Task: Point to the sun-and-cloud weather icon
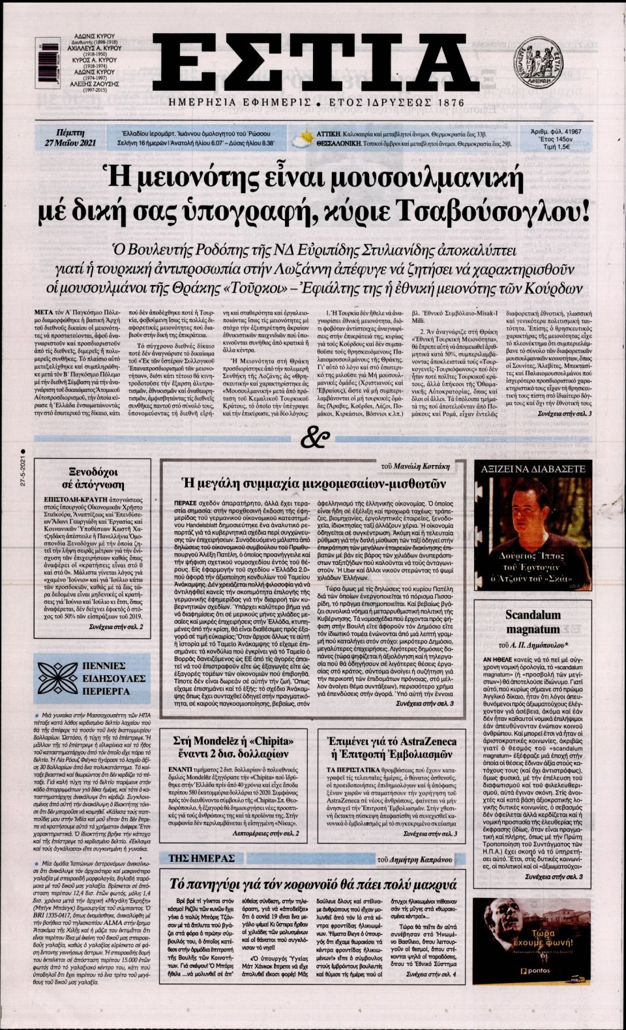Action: [x=303, y=138]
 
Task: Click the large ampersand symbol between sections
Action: [x=316, y=438]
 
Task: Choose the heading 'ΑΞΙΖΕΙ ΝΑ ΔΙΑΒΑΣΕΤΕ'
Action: [x=533, y=468]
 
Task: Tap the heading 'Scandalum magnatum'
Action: [x=533, y=622]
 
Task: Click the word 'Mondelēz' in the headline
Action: [x=222, y=741]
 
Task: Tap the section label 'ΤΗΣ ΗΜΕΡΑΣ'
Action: [x=201, y=858]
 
